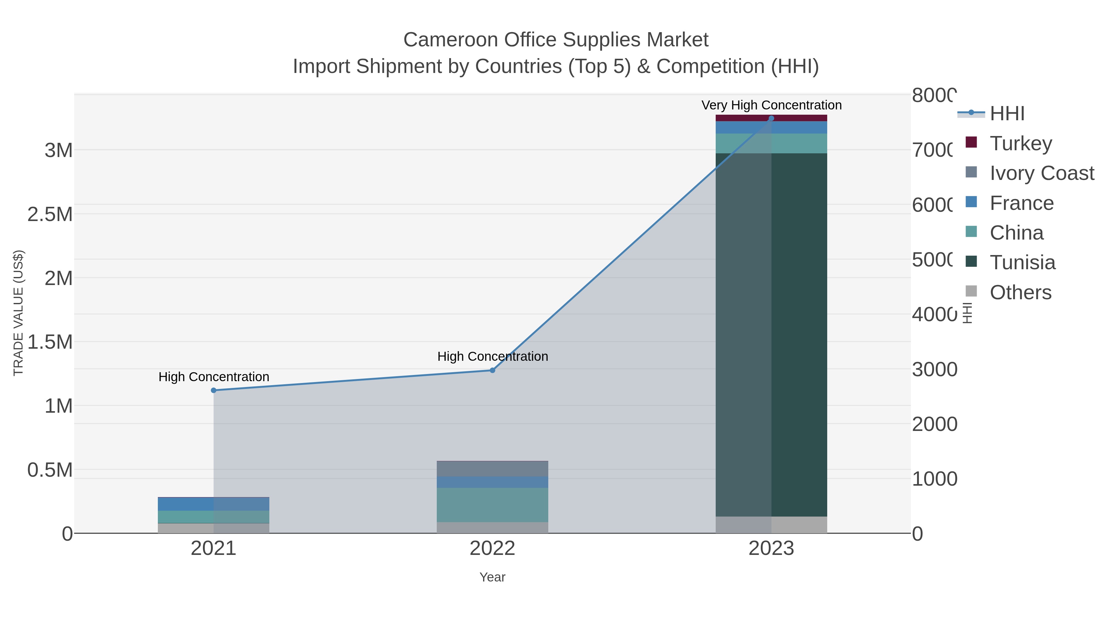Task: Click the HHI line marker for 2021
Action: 213,390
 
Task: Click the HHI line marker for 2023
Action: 771,118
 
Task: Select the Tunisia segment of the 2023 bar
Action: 798,335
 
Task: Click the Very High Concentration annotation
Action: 771,105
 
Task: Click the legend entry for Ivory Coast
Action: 1042,173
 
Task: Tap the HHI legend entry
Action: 1007,114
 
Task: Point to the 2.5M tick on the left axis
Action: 50,214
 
